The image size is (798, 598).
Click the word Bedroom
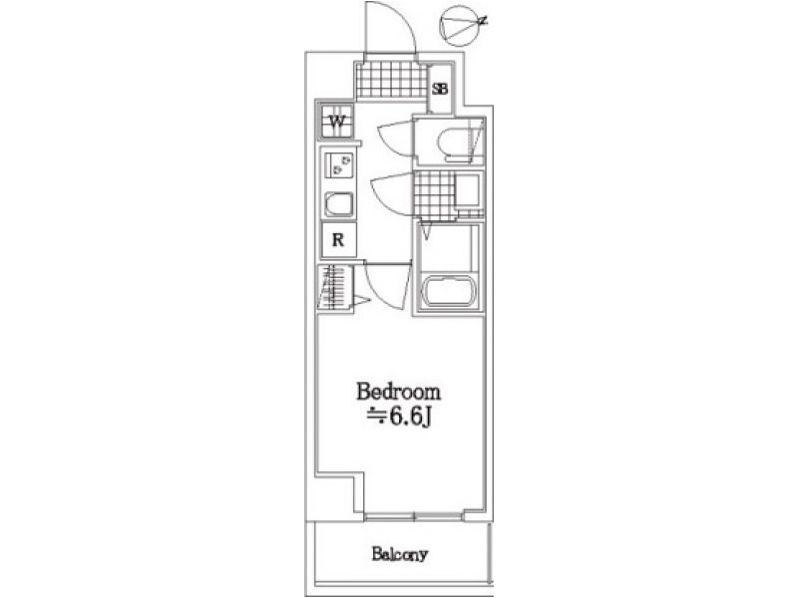point(398,392)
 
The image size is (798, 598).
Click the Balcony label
point(400,554)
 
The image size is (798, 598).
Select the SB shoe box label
point(440,89)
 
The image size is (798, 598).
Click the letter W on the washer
point(336,122)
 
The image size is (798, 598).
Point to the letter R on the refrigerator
point(338,239)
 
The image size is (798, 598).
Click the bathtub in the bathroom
point(448,291)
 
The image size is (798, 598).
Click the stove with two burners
point(338,164)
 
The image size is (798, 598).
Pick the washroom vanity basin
point(468,190)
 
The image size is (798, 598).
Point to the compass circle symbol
point(460,24)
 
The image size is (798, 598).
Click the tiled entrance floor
point(391,80)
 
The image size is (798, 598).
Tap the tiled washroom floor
point(434,195)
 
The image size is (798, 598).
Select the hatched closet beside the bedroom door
point(335,287)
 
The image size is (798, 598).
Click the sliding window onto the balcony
point(415,516)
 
